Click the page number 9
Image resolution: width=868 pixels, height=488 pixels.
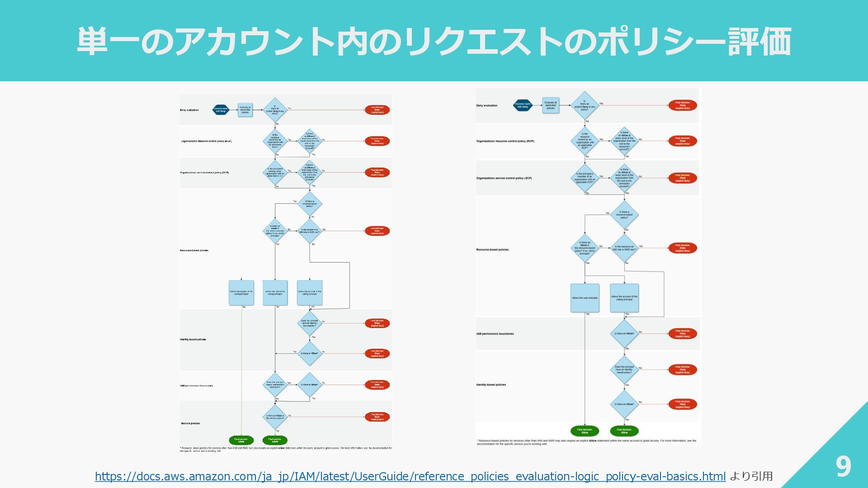843,466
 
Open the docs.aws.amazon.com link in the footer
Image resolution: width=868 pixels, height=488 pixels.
410,476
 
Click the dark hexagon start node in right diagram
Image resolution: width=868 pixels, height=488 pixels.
522,106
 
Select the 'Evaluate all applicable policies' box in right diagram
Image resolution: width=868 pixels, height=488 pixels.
551,105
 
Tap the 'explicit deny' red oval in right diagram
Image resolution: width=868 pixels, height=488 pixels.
682,105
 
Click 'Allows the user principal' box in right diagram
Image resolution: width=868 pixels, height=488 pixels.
585,298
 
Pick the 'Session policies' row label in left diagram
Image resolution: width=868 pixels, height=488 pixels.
190,423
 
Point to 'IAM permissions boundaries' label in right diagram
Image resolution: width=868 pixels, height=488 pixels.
495,334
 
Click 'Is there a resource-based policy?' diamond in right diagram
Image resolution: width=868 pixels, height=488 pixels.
624,215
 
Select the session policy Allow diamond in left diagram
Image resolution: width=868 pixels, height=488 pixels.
275,417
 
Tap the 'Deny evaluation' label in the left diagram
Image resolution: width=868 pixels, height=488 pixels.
189,110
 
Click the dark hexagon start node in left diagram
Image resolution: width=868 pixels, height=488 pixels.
221,110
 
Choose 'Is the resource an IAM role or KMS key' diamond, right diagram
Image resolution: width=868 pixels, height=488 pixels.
624,248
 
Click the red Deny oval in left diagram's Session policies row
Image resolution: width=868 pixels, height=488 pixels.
377,417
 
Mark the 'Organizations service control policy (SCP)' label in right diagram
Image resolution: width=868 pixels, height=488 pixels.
504,178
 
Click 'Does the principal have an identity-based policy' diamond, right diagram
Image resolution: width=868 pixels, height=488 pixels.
624,370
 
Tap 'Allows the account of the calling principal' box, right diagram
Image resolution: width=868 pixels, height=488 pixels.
624,298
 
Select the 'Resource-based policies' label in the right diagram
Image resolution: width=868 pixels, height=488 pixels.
492,249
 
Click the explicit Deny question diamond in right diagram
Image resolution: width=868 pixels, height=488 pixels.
585,106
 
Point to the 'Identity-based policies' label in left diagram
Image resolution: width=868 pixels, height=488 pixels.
193,339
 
